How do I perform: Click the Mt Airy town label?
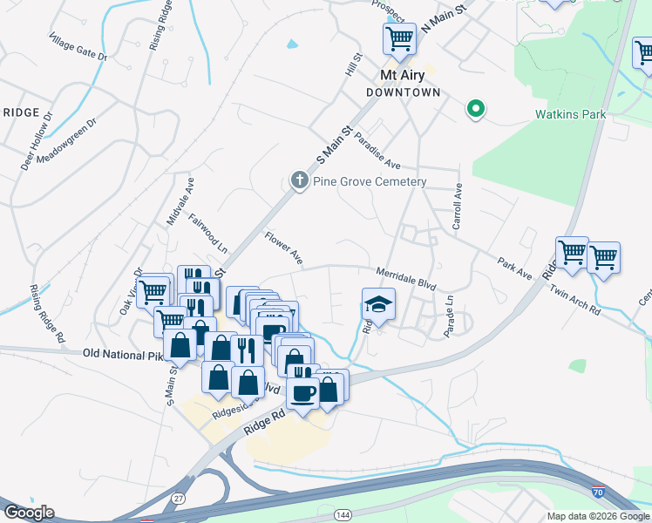pos(401,75)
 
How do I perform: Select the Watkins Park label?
pos(569,114)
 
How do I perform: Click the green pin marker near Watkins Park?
pos(476,109)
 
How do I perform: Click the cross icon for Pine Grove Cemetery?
pos(299,181)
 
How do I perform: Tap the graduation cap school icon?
pos(378,305)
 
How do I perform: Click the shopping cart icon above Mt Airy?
pos(399,37)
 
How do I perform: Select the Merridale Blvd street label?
pos(405,277)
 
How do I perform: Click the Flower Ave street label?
pos(284,248)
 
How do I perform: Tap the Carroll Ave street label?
pos(457,208)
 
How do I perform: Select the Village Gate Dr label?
pos(78,48)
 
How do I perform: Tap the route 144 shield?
pos(339,517)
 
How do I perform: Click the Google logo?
pos(29,513)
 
